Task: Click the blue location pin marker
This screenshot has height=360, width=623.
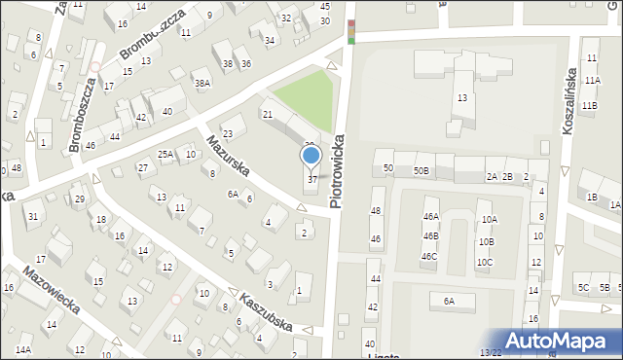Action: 311,156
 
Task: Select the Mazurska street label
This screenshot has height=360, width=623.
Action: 228,156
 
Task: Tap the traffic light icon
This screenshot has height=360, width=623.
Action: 350,32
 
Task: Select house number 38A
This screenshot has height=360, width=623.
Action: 202,84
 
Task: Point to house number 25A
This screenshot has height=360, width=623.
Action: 166,154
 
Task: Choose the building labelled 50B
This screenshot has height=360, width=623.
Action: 421,170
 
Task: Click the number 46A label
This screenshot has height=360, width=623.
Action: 430,217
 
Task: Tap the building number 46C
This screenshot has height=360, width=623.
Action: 428,257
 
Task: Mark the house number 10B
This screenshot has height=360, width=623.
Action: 486,241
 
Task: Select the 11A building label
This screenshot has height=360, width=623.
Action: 593,80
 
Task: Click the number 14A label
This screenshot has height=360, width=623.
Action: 22,348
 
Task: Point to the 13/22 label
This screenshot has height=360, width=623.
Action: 491,353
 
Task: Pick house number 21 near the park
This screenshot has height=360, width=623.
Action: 268,115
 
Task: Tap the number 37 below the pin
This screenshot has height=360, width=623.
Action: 311,179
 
